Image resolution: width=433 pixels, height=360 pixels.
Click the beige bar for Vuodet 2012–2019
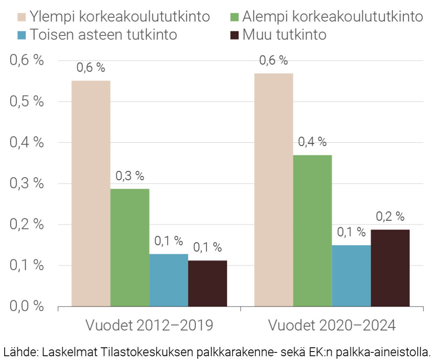91,193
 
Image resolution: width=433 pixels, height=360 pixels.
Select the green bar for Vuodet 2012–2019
130,247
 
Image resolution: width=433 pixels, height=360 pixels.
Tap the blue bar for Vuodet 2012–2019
169,280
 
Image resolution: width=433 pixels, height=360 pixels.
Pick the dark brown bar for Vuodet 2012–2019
208,283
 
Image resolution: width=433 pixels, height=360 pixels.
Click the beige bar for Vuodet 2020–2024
274,190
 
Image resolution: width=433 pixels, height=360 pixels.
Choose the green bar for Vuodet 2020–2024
312,230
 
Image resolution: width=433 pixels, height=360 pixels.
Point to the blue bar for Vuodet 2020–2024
351,275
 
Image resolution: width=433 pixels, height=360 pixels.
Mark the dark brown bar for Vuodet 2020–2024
390,268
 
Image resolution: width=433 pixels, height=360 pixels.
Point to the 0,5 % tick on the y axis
27,102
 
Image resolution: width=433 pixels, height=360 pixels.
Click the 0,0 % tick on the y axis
27,306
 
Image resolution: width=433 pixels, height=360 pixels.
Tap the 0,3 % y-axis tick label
27,184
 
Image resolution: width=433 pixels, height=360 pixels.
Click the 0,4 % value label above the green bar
312,142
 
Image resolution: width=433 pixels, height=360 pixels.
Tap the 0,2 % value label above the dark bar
390,217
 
